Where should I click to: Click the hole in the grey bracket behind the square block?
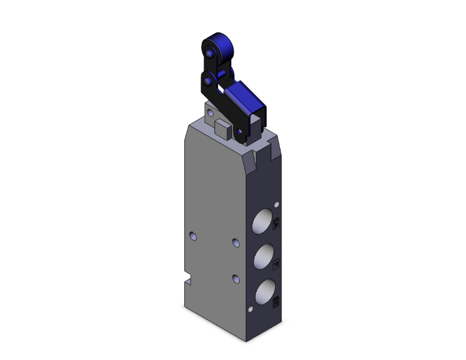coord(211,114)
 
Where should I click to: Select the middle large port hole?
coord(264,257)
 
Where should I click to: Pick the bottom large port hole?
coord(264,292)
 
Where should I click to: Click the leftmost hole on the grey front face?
coord(194,235)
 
